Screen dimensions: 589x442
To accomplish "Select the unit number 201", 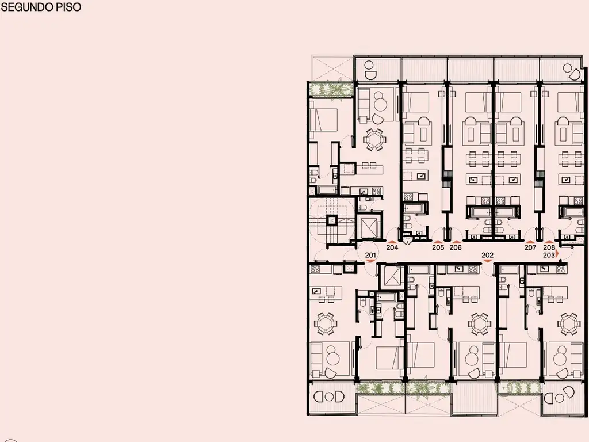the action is pos(370,255).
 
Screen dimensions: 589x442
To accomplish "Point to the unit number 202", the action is pos(487,255).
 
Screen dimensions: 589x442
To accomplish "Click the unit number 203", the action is pos(549,255).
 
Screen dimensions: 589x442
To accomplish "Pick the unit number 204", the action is pos(392,247).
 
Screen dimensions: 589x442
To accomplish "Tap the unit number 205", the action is pos(438,247).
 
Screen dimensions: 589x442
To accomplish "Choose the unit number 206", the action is pos(456,247).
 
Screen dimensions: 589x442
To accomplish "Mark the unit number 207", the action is pos(530,247).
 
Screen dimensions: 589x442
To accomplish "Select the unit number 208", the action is pos(549,247).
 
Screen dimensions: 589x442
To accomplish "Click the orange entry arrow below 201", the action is pos(370,261).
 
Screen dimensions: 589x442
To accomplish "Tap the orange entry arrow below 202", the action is pos(487,261).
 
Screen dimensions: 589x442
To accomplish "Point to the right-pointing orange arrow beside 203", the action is pos(557,254).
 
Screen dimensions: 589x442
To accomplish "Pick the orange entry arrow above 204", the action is pos(392,242).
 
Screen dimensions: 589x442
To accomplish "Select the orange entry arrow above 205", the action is pos(438,242).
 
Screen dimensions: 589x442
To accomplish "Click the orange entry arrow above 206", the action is pos(456,242).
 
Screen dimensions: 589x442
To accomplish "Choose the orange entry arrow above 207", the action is pos(530,242).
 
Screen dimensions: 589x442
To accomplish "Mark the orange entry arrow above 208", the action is pos(549,242).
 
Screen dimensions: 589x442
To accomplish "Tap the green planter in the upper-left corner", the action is pos(331,89).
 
